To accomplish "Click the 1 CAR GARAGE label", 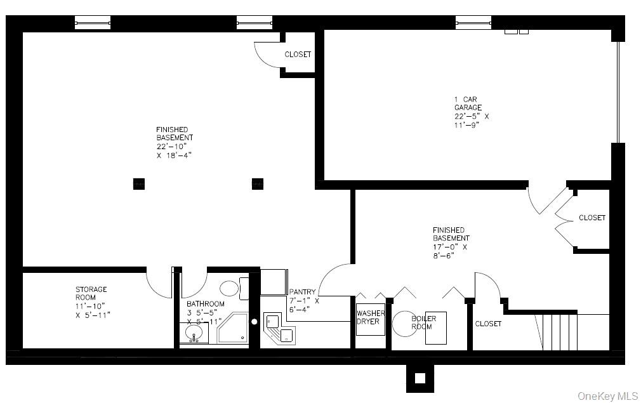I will pyautogui.click(x=471, y=112).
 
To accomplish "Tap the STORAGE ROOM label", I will pyautogui.click(x=91, y=302).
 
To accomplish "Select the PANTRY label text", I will pyautogui.click(x=304, y=301).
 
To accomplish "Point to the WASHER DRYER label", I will pyautogui.click(x=370, y=317).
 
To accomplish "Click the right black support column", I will pyautogui.click(x=258, y=183).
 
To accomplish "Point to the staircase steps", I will pyautogui.click(x=560, y=331).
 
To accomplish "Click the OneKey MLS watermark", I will pyautogui.click(x=607, y=395).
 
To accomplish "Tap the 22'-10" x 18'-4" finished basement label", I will pyautogui.click(x=175, y=142).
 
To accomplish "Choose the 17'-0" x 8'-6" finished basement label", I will pyautogui.click(x=451, y=242).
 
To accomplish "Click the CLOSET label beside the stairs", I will pyautogui.click(x=488, y=324).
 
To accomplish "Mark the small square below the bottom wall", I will pyautogui.click(x=420, y=378).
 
